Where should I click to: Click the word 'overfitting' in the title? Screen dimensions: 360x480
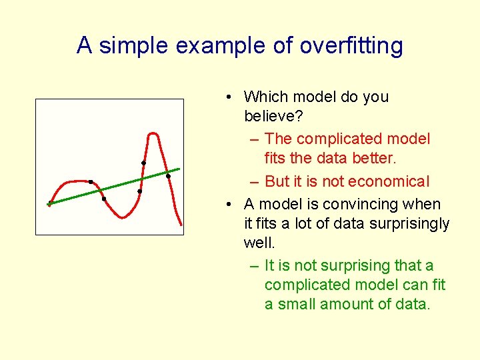tap(351, 46)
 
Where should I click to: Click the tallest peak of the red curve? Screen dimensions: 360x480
tap(154, 134)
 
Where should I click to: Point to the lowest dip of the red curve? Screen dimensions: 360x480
tap(122, 217)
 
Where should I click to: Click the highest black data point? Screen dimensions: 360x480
tap(143, 163)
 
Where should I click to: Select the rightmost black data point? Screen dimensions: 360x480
tap(168, 177)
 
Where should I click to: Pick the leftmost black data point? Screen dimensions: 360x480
tap(49, 204)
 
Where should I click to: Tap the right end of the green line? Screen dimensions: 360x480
tap(179, 168)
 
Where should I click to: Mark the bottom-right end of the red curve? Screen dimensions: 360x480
tap(181, 223)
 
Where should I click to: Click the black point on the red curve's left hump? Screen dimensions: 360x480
tap(91, 181)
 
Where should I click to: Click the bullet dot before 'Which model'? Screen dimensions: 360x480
tap(229, 97)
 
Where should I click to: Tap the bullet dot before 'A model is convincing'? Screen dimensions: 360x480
tap(229, 205)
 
